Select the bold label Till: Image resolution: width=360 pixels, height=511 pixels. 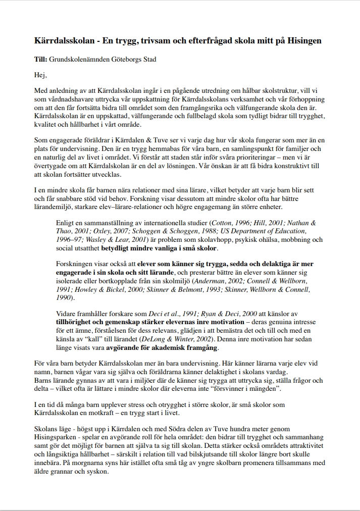40,59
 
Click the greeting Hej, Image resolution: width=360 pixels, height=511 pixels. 40,76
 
